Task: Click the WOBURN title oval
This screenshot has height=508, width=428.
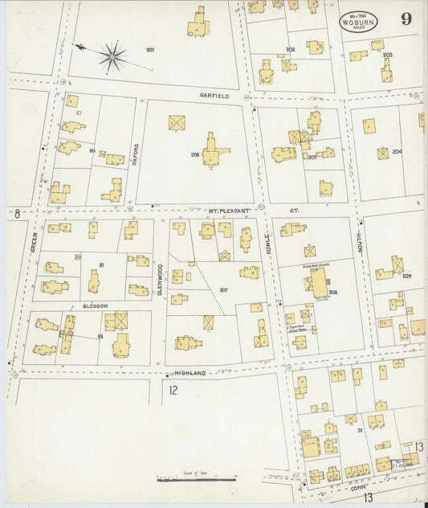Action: (358, 22)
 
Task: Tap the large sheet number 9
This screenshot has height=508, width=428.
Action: (407, 19)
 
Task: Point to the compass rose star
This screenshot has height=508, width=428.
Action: (112, 56)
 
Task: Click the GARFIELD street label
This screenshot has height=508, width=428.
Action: (214, 96)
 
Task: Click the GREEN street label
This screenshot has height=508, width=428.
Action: (34, 243)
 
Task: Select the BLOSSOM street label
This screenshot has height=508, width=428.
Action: (95, 306)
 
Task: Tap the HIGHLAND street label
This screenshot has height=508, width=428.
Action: (196, 373)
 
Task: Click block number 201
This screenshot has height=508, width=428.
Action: (150, 50)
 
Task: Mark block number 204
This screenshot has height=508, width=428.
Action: (397, 151)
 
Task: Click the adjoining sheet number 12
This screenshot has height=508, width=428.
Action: (174, 391)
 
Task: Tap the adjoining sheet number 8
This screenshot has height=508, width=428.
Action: (17, 213)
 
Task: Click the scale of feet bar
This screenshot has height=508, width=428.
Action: (196, 480)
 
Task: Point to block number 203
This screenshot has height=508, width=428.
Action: (387, 55)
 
